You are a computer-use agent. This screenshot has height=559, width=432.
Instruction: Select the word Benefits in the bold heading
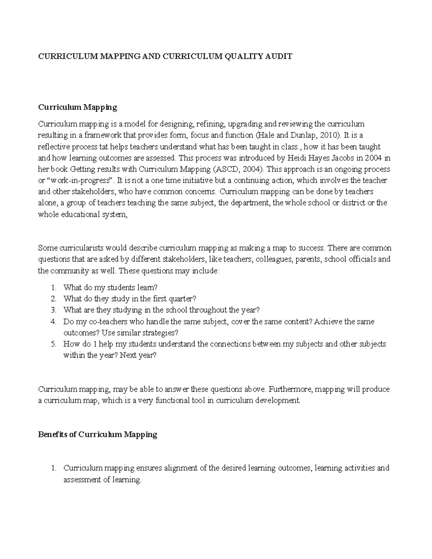53,434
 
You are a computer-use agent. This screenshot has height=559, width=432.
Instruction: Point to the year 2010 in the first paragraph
328,135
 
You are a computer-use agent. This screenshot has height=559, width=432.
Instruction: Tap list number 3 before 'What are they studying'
54,310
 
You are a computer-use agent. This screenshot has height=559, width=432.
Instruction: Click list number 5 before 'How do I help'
54,344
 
